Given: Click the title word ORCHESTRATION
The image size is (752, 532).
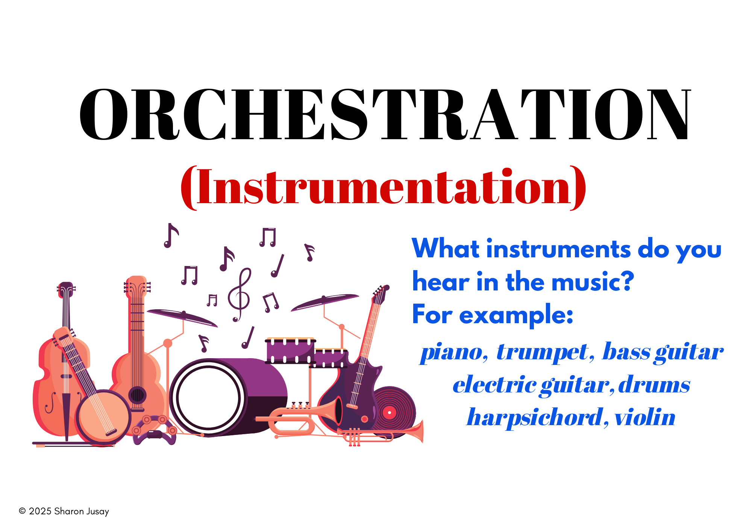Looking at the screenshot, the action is (385, 115).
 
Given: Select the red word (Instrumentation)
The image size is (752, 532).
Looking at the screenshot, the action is (383, 187).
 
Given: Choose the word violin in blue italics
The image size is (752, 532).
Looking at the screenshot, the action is (645, 417).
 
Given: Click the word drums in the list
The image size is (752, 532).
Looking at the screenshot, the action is (654, 385).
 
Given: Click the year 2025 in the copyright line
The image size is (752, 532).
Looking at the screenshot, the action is (40, 511).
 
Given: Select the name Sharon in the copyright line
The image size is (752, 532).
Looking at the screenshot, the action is (69, 511).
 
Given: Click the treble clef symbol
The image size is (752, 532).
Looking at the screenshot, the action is (239, 295).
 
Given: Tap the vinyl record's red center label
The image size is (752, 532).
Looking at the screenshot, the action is (390, 413).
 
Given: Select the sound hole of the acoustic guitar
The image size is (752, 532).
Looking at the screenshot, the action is (137, 395).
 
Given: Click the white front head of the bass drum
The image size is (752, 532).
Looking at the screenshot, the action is (208, 397).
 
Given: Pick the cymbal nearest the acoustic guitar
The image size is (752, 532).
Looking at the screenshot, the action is (182, 318).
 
